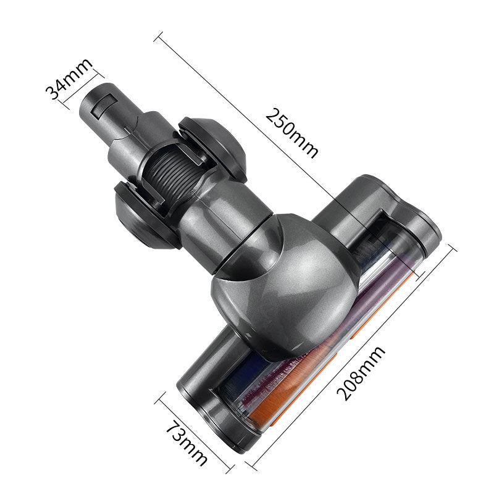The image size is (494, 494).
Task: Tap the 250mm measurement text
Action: (x=292, y=133)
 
